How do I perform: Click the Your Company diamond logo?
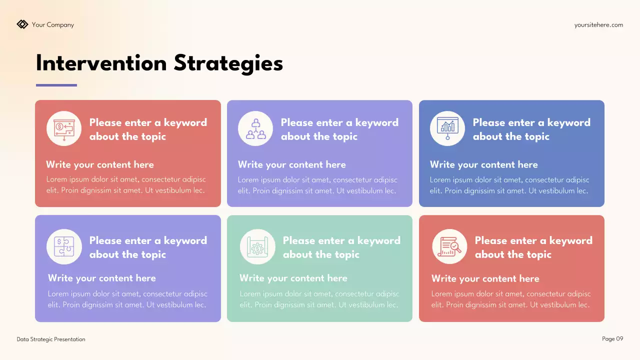click(x=22, y=24)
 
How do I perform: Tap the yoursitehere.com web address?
click(x=598, y=25)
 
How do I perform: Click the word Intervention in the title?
click(x=101, y=63)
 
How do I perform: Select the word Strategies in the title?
click(x=228, y=63)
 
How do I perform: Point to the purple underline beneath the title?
click(x=56, y=85)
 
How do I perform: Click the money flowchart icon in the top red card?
click(x=64, y=128)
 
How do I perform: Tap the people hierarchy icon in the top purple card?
click(x=255, y=128)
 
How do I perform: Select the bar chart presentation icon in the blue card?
click(x=447, y=128)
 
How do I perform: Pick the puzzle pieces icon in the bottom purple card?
click(x=64, y=246)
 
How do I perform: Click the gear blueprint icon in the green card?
click(x=257, y=246)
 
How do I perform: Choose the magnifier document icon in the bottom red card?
click(x=449, y=246)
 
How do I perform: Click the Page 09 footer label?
click(x=612, y=339)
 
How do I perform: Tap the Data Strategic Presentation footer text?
click(x=51, y=339)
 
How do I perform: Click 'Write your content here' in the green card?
click(x=293, y=278)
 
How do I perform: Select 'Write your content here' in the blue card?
click(x=483, y=165)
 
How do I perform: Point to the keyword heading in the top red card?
click(x=148, y=129)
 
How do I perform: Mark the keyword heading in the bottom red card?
click(x=533, y=247)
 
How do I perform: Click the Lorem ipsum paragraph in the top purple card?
click(x=317, y=185)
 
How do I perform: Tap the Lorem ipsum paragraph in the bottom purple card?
click(x=127, y=299)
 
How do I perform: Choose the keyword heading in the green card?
click(x=341, y=247)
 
